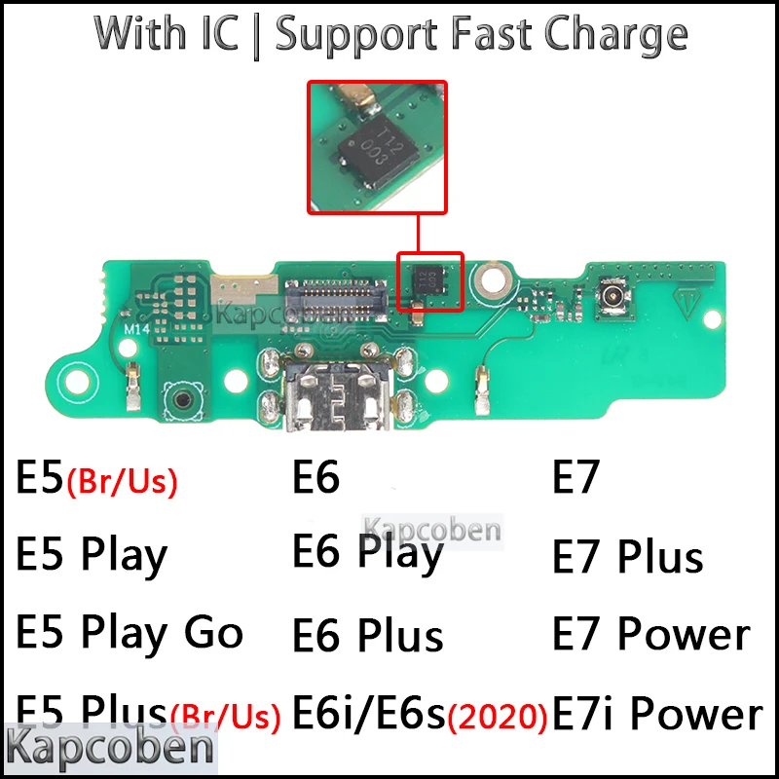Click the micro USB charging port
click(329, 395)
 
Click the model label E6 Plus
click(367, 635)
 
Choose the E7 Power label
click(650, 635)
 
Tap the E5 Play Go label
click(130, 633)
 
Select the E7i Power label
click(657, 714)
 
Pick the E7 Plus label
click(627, 557)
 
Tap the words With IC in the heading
click(166, 35)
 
